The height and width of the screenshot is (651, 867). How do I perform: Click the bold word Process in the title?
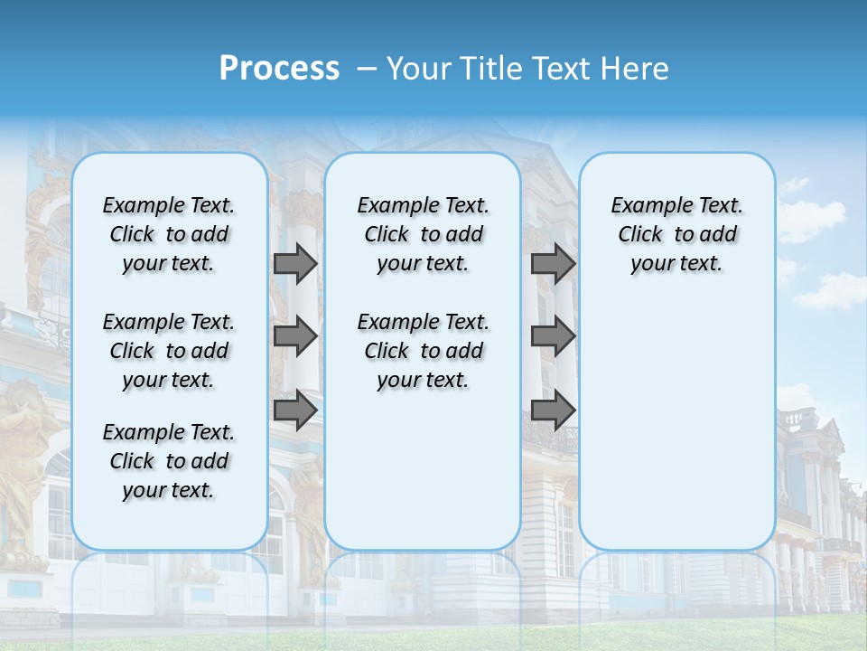pos(279,68)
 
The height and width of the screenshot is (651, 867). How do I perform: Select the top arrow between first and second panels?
pos(295,263)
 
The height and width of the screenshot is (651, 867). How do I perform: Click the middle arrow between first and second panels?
pos(295,337)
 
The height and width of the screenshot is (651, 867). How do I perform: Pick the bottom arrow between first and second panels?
pos(295,410)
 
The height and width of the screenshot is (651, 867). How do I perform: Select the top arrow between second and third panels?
pos(553,263)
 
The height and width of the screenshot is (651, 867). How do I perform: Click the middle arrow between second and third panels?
pos(553,337)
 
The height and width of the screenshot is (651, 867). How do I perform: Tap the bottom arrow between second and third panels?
pos(553,410)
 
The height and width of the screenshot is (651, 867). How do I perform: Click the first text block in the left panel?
pos(169,234)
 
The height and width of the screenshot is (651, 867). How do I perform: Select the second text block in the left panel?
pos(169,351)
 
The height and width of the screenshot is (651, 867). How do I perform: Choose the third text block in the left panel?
pos(169,461)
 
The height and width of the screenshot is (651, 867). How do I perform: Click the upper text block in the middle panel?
pos(423,234)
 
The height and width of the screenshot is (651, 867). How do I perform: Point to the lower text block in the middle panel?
pos(423,351)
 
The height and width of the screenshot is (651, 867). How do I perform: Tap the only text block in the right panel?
pos(676,234)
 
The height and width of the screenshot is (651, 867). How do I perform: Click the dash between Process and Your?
pos(366,69)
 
